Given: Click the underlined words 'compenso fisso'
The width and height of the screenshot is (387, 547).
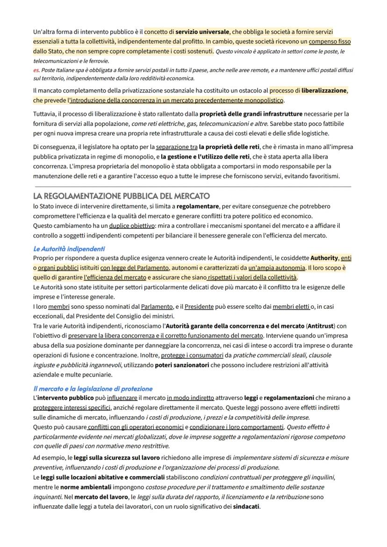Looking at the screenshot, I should (x=330, y=41).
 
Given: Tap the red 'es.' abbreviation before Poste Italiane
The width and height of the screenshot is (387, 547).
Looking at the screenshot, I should (x=36, y=70).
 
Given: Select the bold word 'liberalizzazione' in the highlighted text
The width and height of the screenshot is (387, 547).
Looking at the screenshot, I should (x=324, y=90).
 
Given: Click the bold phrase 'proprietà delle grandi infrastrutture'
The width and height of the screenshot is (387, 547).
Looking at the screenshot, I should (x=251, y=114).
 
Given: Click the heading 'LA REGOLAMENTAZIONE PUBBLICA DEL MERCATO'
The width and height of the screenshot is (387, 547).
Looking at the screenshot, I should (x=122, y=196).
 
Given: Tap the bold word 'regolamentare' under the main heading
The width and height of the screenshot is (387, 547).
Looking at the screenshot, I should (x=198, y=206).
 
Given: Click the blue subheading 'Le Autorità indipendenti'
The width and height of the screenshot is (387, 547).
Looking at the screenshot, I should (x=69, y=248).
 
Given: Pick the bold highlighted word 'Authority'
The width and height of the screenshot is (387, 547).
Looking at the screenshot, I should (x=324, y=258).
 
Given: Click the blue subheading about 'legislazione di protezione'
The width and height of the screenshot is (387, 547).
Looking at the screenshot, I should (x=93, y=388).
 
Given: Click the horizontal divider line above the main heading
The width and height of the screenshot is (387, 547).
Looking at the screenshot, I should (x=192, y=187).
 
